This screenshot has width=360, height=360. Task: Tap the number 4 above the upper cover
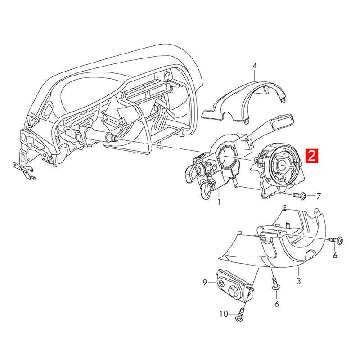tap(255, 66)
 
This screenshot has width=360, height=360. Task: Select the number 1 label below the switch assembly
tap(219, 202)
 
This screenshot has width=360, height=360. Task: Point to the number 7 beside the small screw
tap(319, 196)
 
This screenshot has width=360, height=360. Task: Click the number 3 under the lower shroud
tap(298, 281)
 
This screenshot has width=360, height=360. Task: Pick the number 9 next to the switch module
tap(204, 283)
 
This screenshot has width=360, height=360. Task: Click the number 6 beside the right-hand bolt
tap(335, 256)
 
